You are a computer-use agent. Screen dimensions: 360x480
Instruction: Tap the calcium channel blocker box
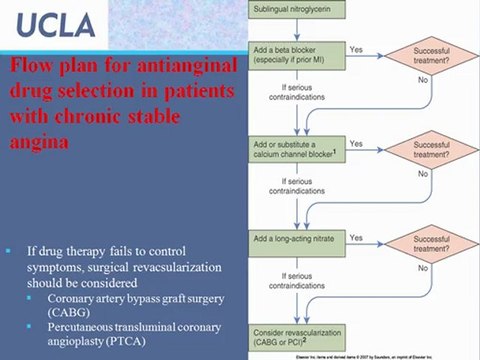pos(296,149)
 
